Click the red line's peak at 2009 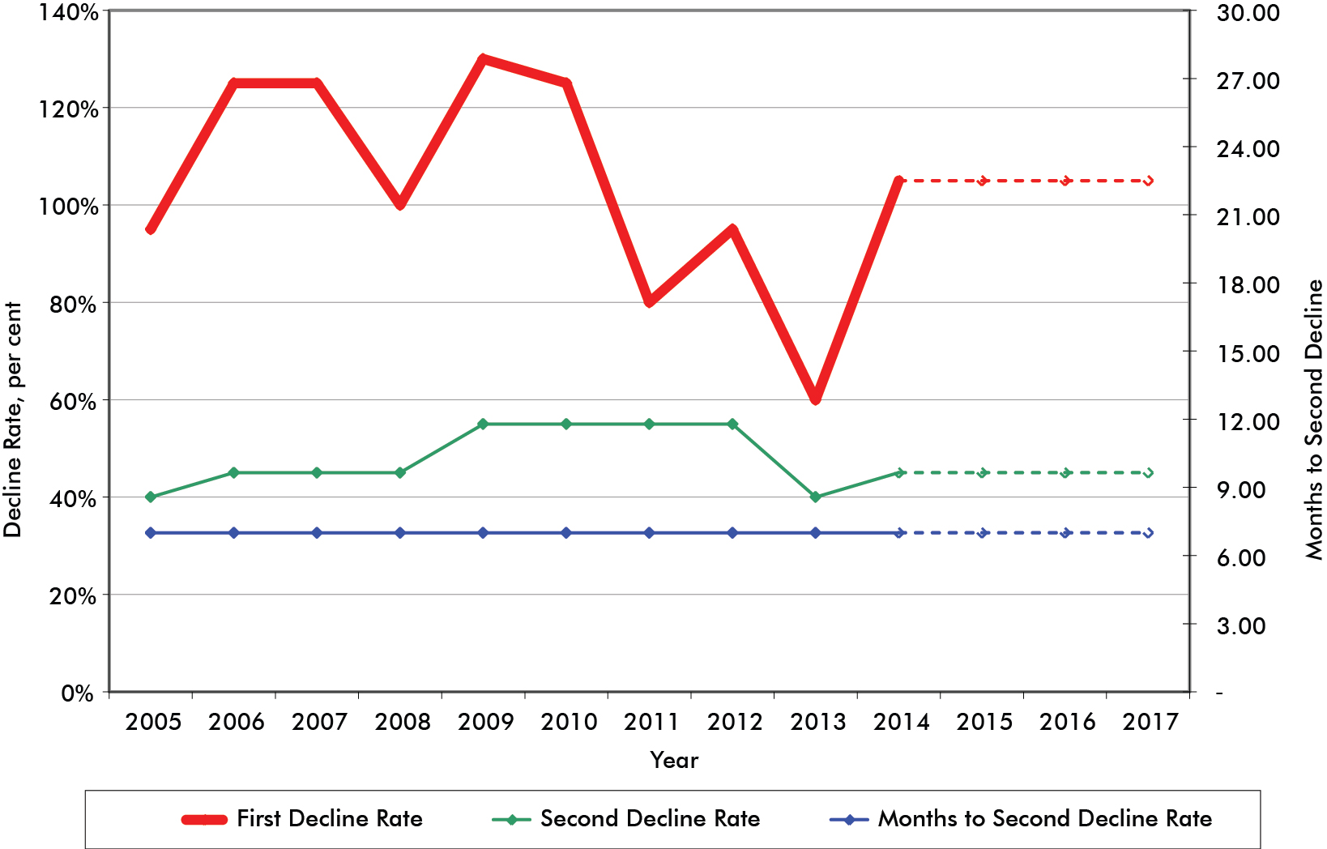[x=483, y=59]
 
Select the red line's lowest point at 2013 [x=816, y=399]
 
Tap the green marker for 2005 [x=151, y=497]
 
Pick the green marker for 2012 [x=732, y=424]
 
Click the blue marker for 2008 [x=400, y=532]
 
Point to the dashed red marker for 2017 [x=1148, y=181]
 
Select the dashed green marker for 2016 [x=1065, y=472]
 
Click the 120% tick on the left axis [x=69, y=109]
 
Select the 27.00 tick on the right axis [x=1248, y=80]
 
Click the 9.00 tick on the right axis [x=1240, y=489]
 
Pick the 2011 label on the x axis [x=651, y=722]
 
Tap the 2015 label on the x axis [x=984, y=722]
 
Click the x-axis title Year [x=673, y=760]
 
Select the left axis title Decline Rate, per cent [x=13, y=420]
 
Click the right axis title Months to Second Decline [x=1313, y=420]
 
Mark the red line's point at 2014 [x=898, y=181]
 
